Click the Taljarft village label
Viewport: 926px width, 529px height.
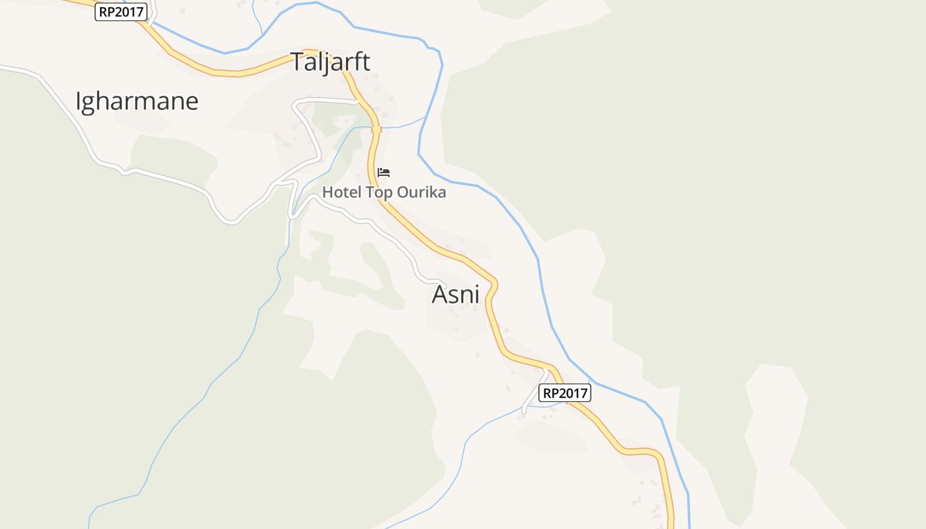pyautogui.click(x=330, y=61)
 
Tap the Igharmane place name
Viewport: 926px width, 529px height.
pyautogui.click(x=137, y=101)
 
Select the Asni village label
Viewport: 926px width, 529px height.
pyautogui.click(x=455, y=294)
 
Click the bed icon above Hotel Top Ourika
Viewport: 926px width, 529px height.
pyautogui.click(x=384, y=173)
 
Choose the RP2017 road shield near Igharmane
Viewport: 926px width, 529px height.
pyautogui.click(x=121, y=12)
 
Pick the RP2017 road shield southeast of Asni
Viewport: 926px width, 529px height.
pyautogui.click(x=565, y=393)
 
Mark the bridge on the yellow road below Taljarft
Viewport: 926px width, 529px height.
pyautogui.click(x=376, y=129)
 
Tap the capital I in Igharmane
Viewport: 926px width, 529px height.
pyautogui.click(x=79, y=101)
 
